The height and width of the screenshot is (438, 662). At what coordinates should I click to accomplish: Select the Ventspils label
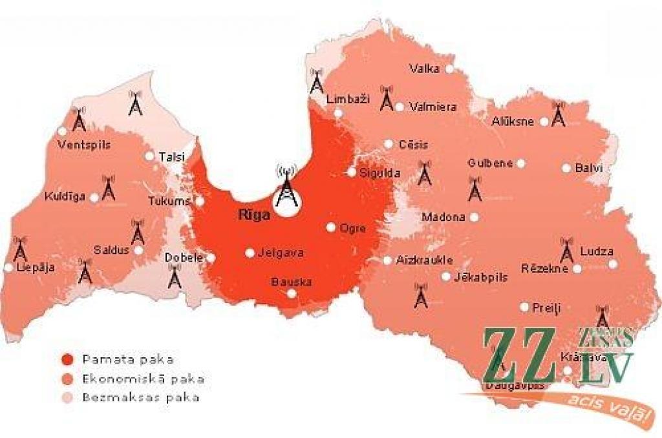tap(84, 145)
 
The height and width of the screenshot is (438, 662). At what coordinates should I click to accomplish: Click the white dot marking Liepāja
tap(8, 267)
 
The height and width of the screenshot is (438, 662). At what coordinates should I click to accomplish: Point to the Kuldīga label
tap(65, 196)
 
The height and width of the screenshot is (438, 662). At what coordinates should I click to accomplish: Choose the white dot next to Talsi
tap(149, 156)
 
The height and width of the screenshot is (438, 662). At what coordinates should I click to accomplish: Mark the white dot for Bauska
tap(292, 293)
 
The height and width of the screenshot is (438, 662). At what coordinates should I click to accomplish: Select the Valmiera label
tap(433, 107)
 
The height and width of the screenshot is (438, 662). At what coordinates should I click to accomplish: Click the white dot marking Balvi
tap(566, 168)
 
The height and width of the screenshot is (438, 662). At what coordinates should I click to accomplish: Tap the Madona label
tap(443, 217)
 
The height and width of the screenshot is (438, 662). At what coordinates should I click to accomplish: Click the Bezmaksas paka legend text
tap(140, 397)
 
